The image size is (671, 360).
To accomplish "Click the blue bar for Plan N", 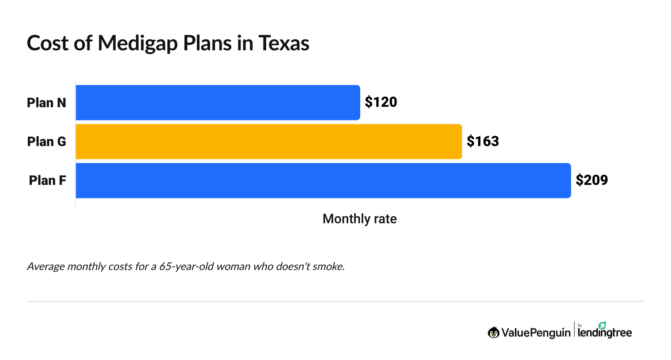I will tap(218, 102).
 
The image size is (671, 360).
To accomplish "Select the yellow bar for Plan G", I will tap(268, 142).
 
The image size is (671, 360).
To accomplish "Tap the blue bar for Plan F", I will tap(323, 180).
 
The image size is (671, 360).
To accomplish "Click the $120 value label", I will tap(381, 102).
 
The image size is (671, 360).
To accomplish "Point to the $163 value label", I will tap(483, 142).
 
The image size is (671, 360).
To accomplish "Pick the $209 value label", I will tap(592, 180).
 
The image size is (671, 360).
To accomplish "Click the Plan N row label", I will tap(46, 103).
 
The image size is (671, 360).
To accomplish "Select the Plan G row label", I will tap(46, 142).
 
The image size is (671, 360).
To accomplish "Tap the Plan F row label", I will tap(47, 180).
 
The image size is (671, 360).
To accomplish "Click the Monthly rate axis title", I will tap(359, 219).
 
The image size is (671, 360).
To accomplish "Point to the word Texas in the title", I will tap(283, 44).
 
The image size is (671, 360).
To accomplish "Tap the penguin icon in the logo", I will tap(493, 333).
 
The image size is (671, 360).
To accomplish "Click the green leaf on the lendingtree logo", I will tap(602, 325).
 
